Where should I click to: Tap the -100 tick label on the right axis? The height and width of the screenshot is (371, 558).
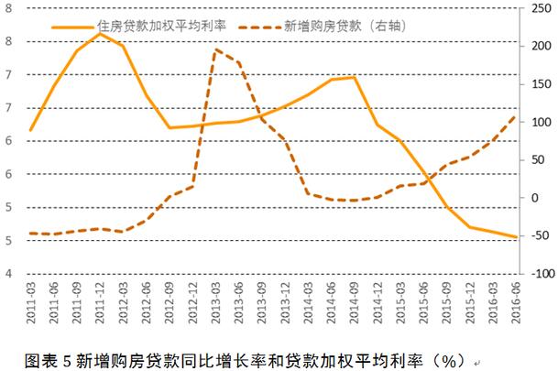pos(538,274)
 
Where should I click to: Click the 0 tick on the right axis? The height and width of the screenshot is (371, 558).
pos(531,198)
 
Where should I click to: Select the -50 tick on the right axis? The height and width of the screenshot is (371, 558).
pos(535,236)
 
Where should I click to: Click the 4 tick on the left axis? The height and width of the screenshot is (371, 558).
pos(9,274)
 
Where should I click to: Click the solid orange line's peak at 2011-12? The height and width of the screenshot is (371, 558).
pos(100,34)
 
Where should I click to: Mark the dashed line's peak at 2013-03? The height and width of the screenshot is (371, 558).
pos(216,49)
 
